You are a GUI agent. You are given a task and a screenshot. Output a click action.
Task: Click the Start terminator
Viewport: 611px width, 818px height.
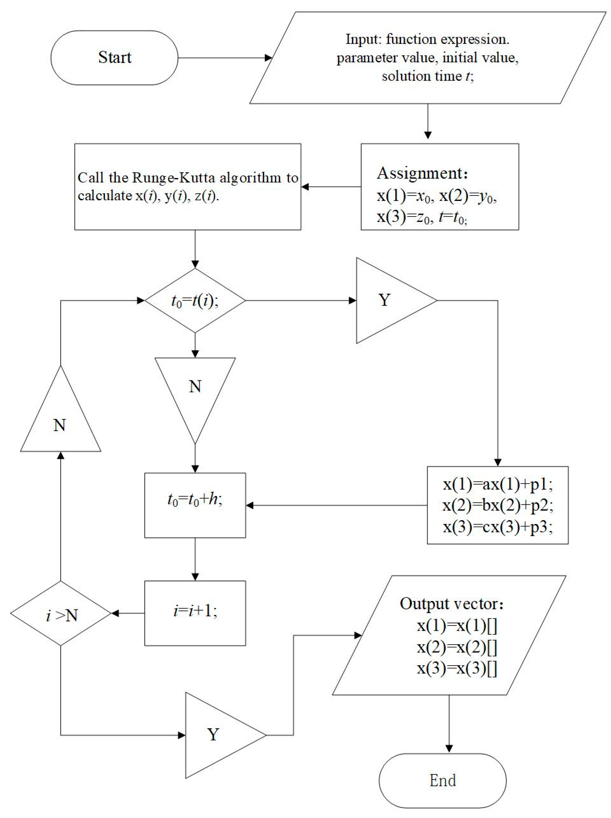pyautogui.click(x=114, y=58)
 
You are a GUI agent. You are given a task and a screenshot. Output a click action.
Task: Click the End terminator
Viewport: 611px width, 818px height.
pyautogui.click(x=442, y=780)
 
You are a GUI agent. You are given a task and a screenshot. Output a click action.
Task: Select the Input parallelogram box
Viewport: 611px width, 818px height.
pyautogui.click(x=428, y=58)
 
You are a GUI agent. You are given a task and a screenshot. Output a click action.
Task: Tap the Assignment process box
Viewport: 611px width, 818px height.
pyautogui.click(x=439, y=187)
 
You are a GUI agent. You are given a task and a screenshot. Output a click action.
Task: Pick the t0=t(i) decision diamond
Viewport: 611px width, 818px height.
pyautogui.click(x=195, y=301)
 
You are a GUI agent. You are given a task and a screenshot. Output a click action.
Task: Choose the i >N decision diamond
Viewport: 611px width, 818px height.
pyautogui.click(x=61, y=613)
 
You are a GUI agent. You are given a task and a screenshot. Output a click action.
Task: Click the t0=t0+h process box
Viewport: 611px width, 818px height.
pyautogui.click(x=195, y=505)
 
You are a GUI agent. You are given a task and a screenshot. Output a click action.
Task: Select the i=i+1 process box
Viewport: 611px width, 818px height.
pyautogui.click(x=195, y=613)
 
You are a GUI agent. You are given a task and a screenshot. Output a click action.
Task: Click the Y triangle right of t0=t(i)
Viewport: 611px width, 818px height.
pyautogui.click(x=388, y=301)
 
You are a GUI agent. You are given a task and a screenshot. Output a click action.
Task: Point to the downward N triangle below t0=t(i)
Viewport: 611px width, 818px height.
pyautogui.click(x=195, y=388)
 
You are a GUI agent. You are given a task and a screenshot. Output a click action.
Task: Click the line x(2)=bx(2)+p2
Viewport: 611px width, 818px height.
pyautogui.click(x=497, y=505)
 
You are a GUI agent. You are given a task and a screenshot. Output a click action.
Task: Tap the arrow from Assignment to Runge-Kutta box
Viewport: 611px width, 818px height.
pyautogui.click(x=331, y=187)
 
